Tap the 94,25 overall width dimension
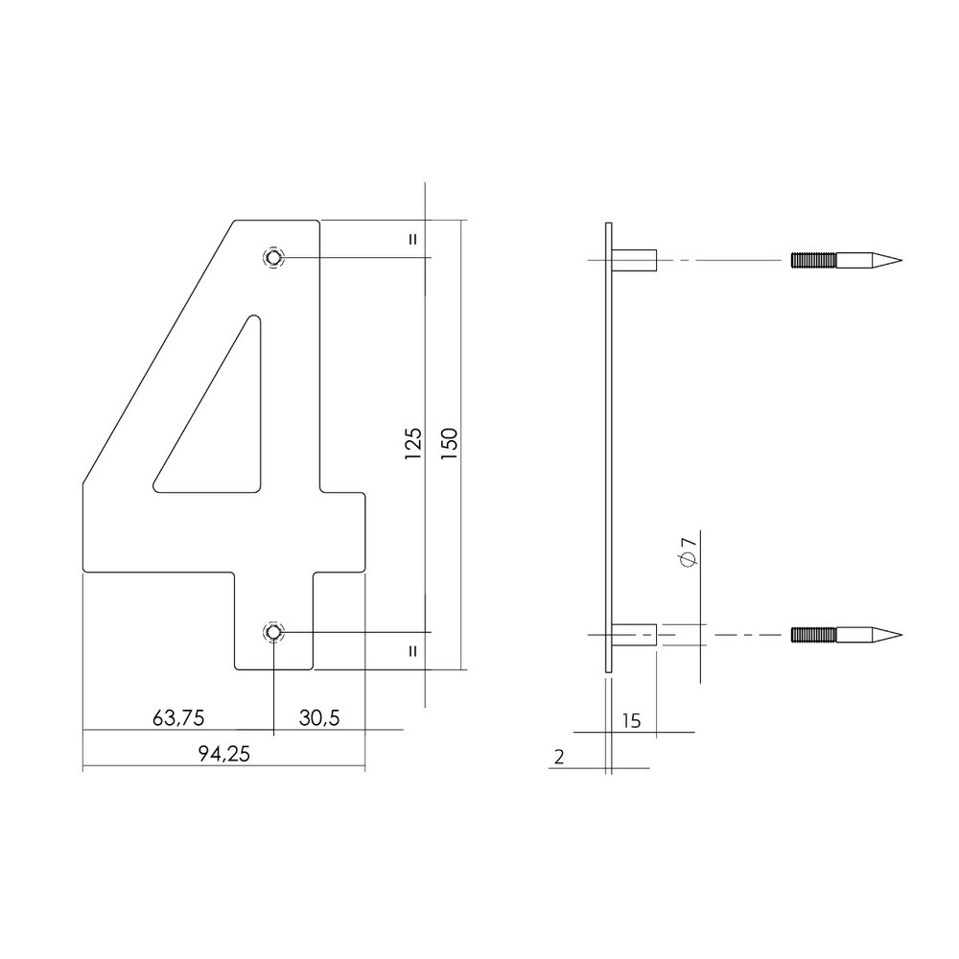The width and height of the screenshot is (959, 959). point(224,755)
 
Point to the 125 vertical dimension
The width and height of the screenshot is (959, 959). point(413,445)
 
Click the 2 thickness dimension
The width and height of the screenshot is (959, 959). point(559,757)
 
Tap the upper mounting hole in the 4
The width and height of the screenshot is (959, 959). point(274,258)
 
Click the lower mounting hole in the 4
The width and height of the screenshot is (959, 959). point(274,632)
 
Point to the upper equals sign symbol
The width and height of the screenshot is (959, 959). point(413,239)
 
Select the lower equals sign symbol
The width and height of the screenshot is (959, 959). point(413,651)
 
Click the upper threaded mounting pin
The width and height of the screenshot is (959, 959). point(844,259)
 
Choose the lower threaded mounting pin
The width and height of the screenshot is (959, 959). point(844,634)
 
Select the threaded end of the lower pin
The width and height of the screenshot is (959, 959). point(814,634)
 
